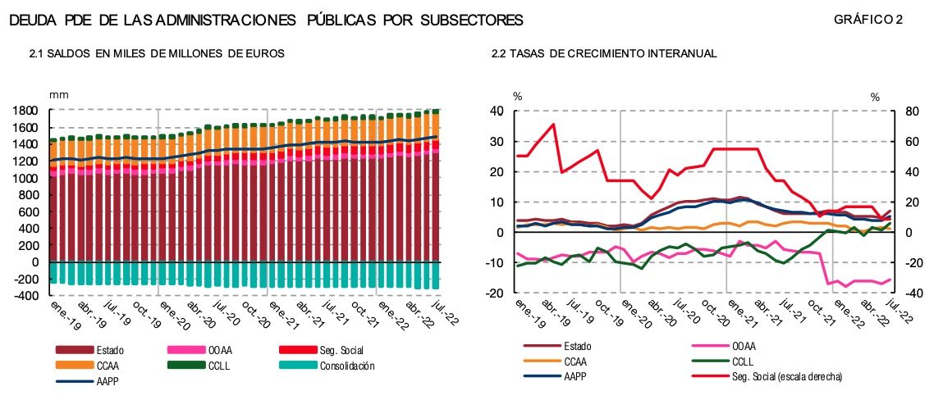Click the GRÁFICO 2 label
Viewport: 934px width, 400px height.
(x=868, y=19)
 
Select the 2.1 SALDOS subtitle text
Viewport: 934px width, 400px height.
(x=157, y=53)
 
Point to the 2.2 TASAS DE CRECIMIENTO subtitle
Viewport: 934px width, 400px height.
(x=604, y=53)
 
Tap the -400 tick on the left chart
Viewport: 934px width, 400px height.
(x=26, y=296)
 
